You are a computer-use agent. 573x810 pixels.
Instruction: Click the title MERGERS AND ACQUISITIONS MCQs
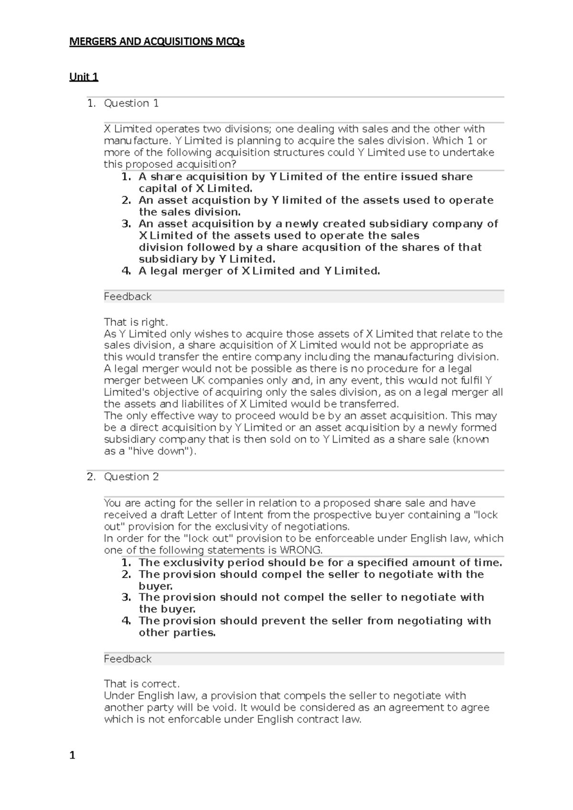pos(157,42)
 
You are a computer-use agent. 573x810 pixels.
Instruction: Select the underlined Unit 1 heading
pos(84,77)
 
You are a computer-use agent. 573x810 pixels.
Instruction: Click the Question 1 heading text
pos(131,104)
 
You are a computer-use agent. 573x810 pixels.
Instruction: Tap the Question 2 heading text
pos(131,477)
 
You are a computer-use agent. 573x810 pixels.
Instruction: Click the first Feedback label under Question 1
pos(127,297)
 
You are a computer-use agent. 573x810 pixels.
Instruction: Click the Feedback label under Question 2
pos(127,659)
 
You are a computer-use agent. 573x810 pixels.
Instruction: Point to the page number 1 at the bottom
pos(73,755)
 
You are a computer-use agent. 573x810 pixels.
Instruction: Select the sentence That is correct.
pos(141,684)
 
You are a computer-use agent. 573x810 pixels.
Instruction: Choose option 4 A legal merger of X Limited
pos(259,271)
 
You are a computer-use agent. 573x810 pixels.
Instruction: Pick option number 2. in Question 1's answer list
pos(127,200)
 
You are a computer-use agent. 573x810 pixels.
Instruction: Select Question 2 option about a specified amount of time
pos(320,562)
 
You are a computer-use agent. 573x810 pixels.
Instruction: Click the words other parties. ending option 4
pos(177,633)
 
